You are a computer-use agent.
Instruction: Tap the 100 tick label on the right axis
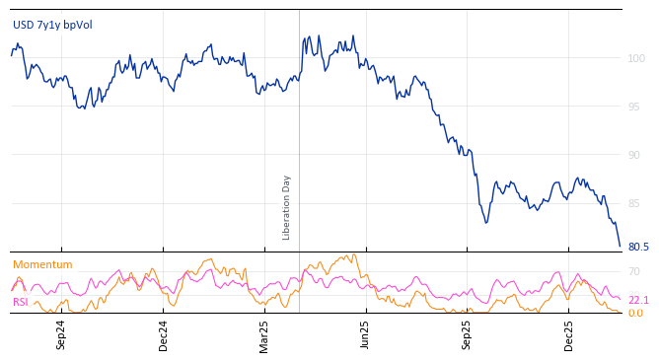tap(636, 59)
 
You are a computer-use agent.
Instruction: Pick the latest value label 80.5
tap(638, 247)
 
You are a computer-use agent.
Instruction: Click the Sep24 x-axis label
tap(61, 335)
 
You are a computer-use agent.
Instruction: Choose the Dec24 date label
tap(163, 335)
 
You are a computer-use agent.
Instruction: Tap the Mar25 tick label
tap(264, 335)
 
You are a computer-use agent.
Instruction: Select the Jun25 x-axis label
tap(366, 335)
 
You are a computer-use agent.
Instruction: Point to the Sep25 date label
tap(468, 335)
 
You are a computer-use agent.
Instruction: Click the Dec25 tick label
tap(569, 335)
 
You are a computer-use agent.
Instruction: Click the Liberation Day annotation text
tap(287, 207)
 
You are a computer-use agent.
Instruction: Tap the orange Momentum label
tap(42, 264)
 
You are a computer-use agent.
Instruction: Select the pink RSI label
tap(21, 302)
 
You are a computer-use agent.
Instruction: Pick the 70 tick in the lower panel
tap(634, 271)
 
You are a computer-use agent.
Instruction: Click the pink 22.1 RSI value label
tap(638, 300)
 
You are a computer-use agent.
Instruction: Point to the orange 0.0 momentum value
tap(636, 313)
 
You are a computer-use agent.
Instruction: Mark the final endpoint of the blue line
tap(620, 246)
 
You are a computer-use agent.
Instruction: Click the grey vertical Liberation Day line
tap(299, 128)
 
